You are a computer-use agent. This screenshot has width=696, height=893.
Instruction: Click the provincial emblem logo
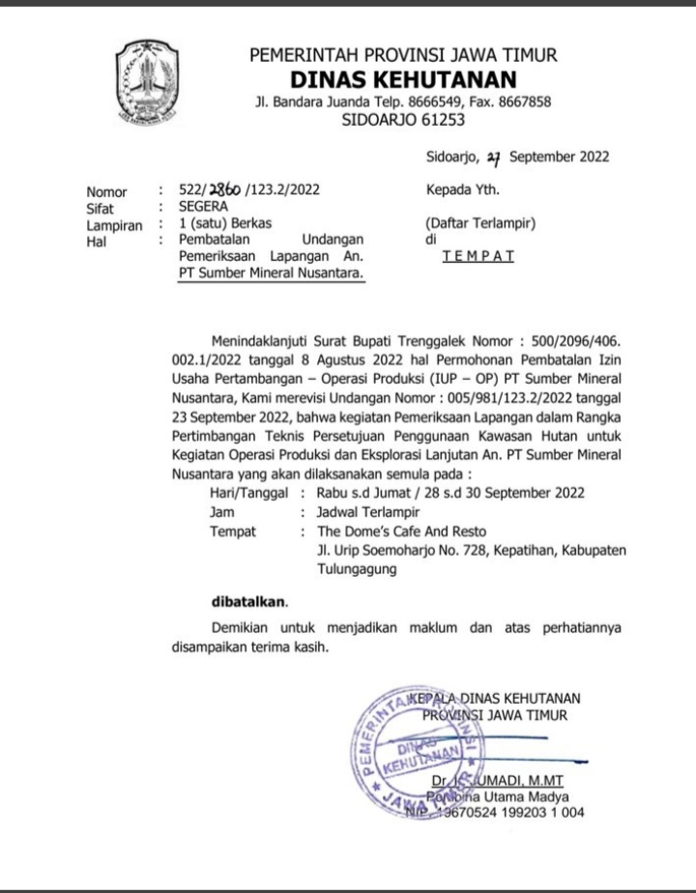click(x=148, y=84)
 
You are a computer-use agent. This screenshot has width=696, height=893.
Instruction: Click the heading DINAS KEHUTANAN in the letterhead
click(x=404, y=79)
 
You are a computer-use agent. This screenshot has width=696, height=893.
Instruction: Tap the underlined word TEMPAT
click(x=478, y=256)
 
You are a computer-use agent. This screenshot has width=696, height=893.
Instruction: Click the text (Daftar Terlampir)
click(x=480, y=223)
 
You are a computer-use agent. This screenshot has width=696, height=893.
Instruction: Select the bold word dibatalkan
click(x=249, y=600)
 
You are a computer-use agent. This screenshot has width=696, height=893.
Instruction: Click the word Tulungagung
click(x=357, y=570)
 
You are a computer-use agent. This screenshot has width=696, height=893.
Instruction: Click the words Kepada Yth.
click(x=462, y=189)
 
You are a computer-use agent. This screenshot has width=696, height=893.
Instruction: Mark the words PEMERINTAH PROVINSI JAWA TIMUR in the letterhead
click(x=403, y=55)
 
